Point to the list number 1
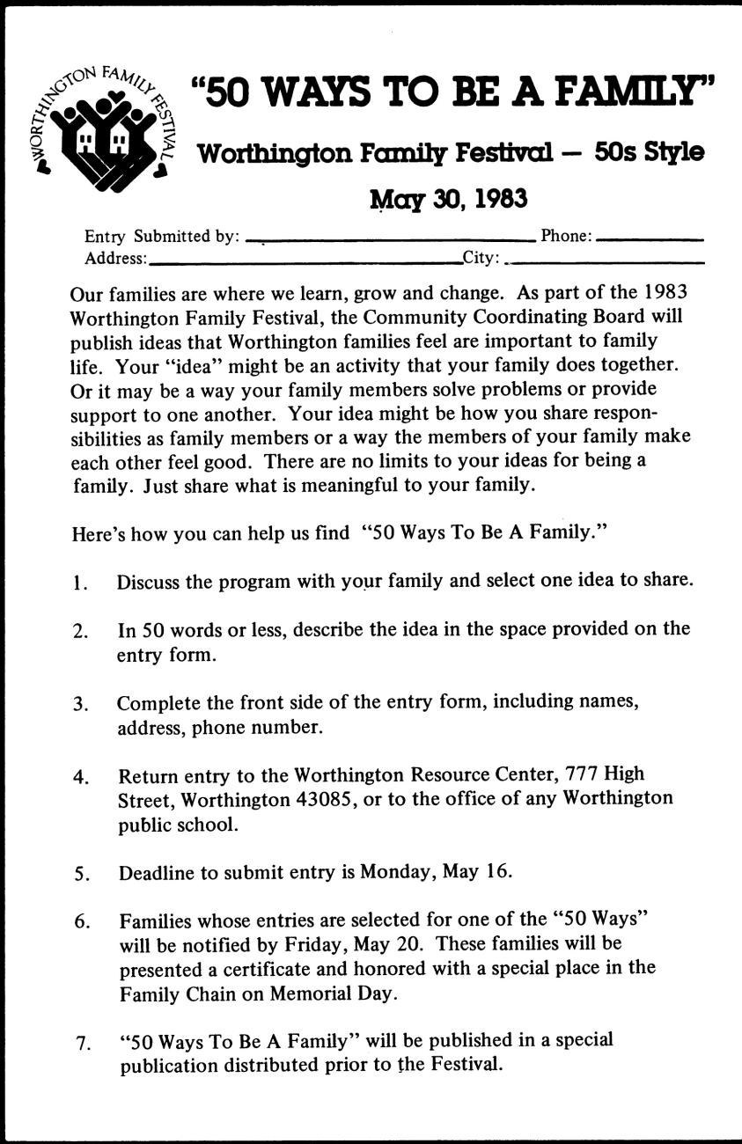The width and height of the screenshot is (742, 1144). pyautogui.click(x=80, y=582)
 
